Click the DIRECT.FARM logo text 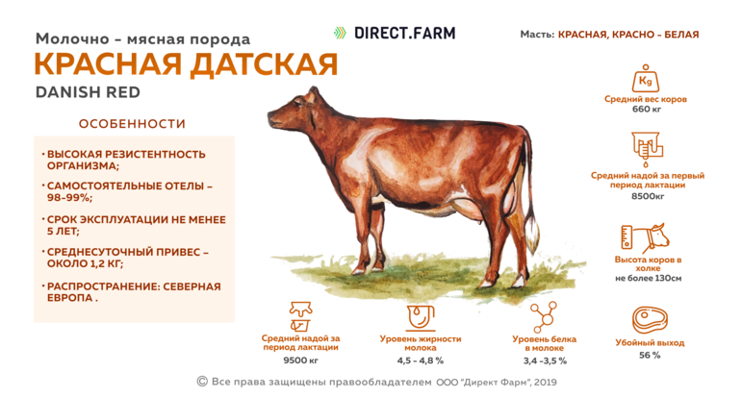click(404, 33)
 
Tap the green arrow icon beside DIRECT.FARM click(340, 33)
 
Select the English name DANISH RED click(88, 92)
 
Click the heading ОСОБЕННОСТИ click(132, 124)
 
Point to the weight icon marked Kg click(646, 79)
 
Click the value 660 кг click(647, 110)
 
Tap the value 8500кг click(648, 196)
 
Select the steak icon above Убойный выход click(650, 320)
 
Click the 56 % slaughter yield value click(650, 355)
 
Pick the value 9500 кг click(300, 360)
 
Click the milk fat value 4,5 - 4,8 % click(421, 360)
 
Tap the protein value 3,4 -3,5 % click(545, 360)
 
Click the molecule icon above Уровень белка click(543, 317)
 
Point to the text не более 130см click(649, 279)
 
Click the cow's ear click(310, 96)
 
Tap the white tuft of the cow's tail click(533, 234)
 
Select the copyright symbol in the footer click(202, 382)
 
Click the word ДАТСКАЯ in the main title click(264, 64)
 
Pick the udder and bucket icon click(300, 316)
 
